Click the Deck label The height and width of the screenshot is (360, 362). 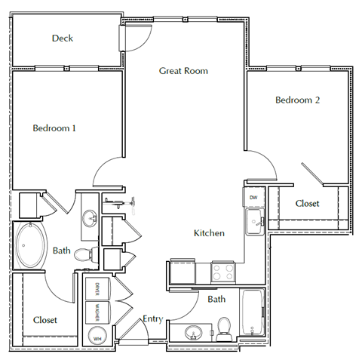pos(63,38)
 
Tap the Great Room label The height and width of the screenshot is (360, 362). pos(183,71)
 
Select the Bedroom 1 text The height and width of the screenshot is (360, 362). pos(54,128)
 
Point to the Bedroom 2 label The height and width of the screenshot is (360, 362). pos(297,100)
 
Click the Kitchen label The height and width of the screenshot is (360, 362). pos(209,233)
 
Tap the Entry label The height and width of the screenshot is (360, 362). pos(152,319)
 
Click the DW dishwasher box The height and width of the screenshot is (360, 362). pos(254,198)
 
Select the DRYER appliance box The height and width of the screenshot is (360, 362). pos(98,289)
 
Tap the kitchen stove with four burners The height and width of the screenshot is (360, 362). pos(224,271)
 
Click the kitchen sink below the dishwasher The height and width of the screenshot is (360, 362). pos(254,222)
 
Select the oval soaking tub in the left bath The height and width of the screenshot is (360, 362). pos(31,246)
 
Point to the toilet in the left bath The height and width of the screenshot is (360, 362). pos(85,254)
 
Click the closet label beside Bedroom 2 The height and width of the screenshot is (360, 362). pos(307,204)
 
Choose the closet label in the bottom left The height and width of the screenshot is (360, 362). pos(45,320)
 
